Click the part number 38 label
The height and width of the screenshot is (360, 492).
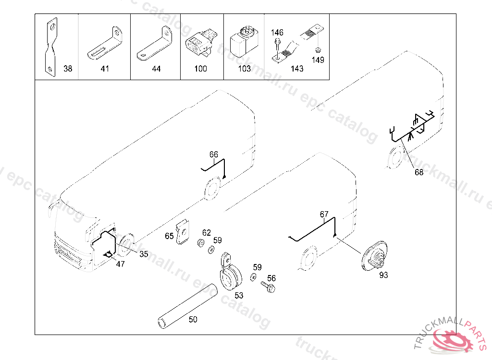[x=68, y=68]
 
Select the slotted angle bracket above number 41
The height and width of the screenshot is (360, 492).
[x=105, y=43]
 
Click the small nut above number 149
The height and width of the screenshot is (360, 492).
[x=318, y=49]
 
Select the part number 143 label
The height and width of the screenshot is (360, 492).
[x=297, y=68]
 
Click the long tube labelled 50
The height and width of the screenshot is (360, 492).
[x=187, y=306]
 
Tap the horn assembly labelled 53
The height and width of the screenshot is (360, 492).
[x=231, y=272]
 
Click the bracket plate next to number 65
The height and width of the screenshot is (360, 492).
[x=183, y=232]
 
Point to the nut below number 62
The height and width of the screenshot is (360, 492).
[x=200, y=242]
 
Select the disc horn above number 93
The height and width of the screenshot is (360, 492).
[x=374, y=256]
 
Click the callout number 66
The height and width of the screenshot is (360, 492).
[x=214, y=154]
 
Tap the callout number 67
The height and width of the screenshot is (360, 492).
[x=324, y=214]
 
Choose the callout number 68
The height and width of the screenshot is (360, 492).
[x=419, y=172]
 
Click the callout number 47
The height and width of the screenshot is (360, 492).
[x=121, y=264]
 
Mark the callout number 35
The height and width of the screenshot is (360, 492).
[x=144, y=254]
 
